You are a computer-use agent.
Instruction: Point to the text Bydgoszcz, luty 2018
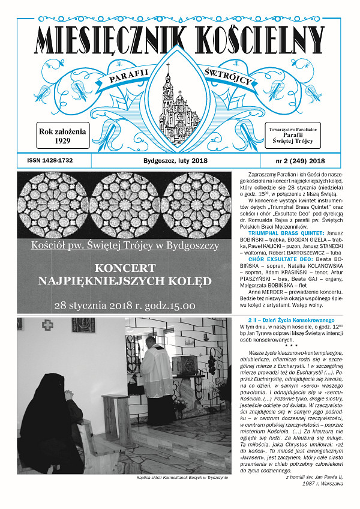175,161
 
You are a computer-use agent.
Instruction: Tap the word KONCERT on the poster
125,267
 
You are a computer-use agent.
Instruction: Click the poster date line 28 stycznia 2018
124,305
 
